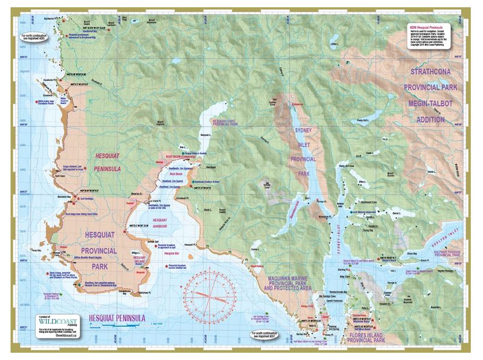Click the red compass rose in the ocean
211,294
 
